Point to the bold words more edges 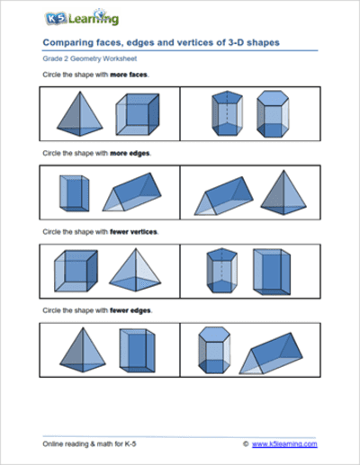[133, 153]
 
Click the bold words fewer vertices [135, 231]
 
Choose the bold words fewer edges [133, 310]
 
